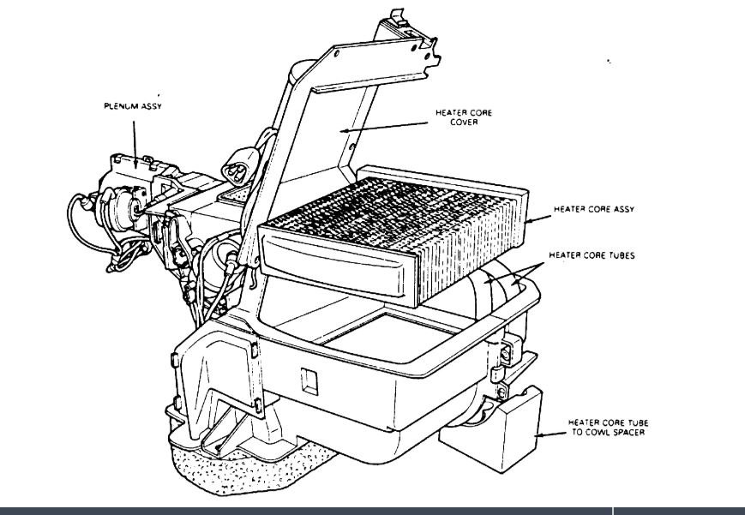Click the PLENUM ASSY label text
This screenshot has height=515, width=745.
coord(134,107)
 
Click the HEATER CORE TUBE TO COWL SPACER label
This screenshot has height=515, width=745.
coord(603,428)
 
